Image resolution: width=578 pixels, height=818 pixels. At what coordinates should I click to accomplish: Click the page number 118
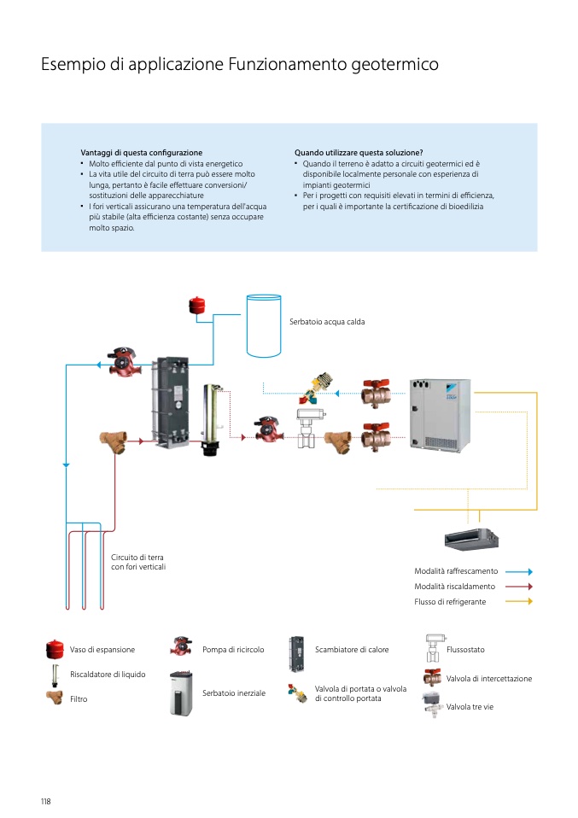(x=46, y=801)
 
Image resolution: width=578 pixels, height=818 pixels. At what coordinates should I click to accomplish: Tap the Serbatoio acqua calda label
(x=327, y=322)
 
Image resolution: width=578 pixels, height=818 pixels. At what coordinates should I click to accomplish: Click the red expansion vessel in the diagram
(x=198, y=304)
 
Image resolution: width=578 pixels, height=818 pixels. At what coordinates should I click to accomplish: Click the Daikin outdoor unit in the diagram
(x=440, y=417)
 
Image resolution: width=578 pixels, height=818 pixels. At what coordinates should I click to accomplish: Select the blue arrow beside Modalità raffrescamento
(x=518, y=571)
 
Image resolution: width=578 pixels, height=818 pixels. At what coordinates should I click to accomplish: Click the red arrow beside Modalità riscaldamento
(x=518, y=587)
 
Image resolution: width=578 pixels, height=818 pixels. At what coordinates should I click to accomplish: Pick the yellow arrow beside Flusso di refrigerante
(x=518, y=601)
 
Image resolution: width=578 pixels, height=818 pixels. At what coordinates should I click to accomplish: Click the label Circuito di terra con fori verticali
(x=138, y=562)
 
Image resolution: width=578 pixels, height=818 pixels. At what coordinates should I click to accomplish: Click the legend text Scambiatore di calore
(x=352, y=650)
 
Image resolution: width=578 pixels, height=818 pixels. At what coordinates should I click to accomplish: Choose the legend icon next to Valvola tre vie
(x=433, y=706)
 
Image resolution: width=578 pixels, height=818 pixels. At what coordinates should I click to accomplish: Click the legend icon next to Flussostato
(x=433, y=649)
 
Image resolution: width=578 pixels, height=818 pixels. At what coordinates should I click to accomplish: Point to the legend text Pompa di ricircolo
(x=233, y=650)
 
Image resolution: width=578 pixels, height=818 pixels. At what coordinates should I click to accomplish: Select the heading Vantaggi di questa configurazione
(x=141, y=153)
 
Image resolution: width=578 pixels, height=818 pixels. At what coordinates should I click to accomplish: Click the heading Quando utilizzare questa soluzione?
(x=359, y=153)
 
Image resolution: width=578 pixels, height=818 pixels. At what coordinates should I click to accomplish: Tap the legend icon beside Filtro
(x=55, y=698)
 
